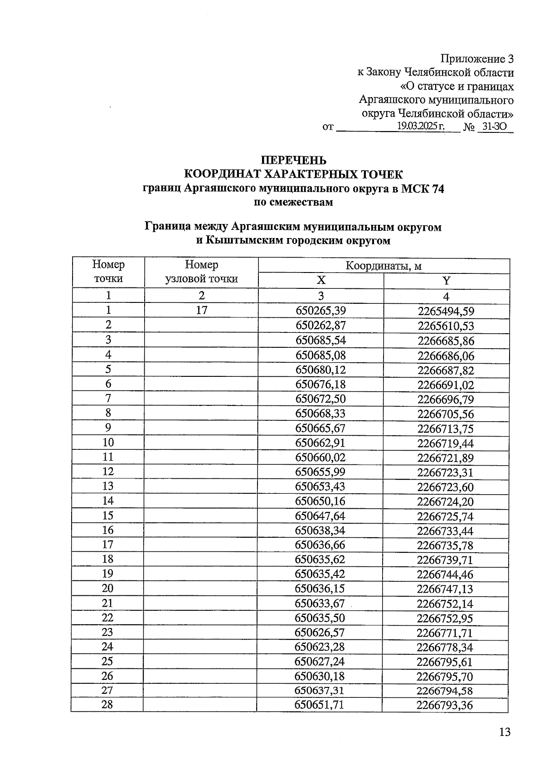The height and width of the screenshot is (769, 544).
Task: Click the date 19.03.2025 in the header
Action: [420, 127]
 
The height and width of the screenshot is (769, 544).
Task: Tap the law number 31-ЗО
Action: [494, 127]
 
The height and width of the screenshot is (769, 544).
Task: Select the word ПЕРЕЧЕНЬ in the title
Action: [293, 160]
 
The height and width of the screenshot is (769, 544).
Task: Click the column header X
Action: [321, 281]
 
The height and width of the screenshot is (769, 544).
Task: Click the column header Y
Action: [447, 281]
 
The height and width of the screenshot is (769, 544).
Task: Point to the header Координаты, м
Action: [384, 266]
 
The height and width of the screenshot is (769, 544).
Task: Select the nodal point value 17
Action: [201, 311]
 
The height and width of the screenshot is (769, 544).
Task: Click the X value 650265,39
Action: [321, 311]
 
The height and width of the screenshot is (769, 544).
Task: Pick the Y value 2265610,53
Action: [446, 326]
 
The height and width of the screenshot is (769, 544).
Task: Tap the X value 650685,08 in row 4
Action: [321, 355]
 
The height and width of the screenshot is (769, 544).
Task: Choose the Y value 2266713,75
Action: [446, 428]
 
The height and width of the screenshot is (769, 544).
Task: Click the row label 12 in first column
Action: [108, 472]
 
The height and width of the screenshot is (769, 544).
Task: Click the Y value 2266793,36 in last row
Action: [445, 706]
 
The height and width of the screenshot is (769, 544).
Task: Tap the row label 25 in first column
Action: [107, 662]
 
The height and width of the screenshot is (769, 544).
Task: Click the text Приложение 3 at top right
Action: [477, 59]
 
